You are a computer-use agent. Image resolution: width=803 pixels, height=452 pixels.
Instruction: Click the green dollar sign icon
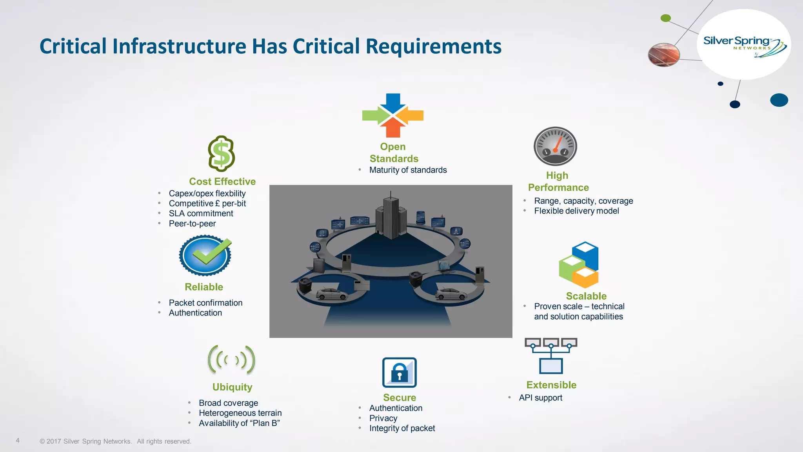[x=222, y=154]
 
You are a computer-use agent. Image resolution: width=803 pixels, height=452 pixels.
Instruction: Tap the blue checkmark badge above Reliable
[x=205, y=255]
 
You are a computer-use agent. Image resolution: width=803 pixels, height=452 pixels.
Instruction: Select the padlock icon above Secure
[x=399, y=372]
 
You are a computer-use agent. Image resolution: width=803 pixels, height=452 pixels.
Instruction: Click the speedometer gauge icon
[x=555, y=146]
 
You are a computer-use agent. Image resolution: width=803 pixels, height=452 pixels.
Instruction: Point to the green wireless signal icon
[x=231, y=360]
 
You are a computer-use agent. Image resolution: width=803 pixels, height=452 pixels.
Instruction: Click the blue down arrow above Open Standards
[x=393, y=102]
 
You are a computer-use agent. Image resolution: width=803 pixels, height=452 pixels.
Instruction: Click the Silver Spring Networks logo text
[x=736, y=41]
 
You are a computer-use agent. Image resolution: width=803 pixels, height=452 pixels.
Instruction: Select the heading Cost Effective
[x=222, y=181]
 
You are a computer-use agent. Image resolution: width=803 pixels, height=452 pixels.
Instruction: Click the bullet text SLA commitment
[x=201, y=213]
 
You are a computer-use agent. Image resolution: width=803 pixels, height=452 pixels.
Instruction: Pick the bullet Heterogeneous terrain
[x=240, y=413]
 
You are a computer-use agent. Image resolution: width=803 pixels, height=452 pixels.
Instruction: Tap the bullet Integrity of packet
[x=402, y=428]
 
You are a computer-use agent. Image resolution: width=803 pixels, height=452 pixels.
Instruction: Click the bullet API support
[x=540, y=397]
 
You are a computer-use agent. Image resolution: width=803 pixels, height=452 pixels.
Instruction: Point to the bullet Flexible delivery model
[x=576, y=211]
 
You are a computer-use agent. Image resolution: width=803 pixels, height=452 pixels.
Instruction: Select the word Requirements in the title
[x=433, y=46]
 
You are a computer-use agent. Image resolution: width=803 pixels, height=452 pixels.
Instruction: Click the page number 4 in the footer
[x=18, y=441]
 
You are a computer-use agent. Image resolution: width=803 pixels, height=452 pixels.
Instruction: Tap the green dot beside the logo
[x=666, y=18]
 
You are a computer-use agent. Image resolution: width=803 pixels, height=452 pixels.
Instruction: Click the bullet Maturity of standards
[x=408, y=170]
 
